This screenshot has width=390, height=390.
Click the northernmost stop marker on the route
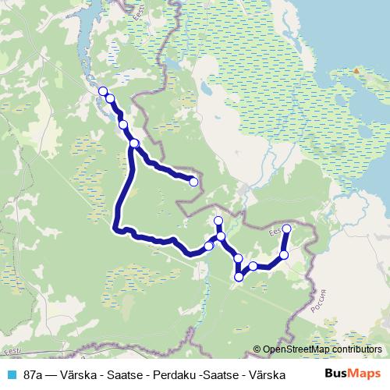pyautogui.click(x=103, y=91)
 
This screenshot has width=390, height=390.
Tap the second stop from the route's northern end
pyautogui.click(x=110, y=98)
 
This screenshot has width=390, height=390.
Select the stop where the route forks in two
pyautogui.click(x=134, y=143)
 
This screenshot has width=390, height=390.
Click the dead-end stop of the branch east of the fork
pyautogui.click(x=193, y=183)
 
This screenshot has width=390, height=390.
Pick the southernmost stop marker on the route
pyautogui.click(x=239, y=276)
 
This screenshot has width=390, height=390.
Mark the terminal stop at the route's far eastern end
pyautogui.click(x=287, y=229)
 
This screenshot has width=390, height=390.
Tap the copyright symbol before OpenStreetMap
pyautogui.click(x=258, y=349)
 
